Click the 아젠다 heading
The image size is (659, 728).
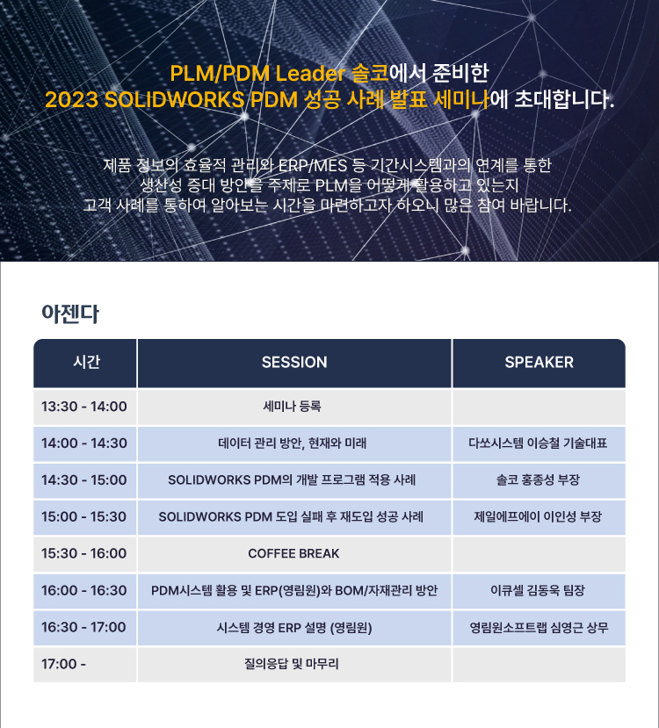(x=70, y=314)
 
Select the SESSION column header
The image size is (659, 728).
(x=294, y=362)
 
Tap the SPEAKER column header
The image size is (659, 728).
(x=540, y=362)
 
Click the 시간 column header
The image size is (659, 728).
(x=86, y=362)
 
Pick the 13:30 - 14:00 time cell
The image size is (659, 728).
(x=84, y=407)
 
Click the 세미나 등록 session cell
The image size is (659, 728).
(x=292, y=407)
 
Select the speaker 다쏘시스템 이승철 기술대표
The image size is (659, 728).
(x=538, y=443)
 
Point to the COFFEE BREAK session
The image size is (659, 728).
(x=293, y=553)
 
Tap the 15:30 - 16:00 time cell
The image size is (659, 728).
(x=84, y=553)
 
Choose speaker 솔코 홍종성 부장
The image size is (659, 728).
(x=538, y=479)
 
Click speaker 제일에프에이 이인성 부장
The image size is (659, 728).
(x=538, y=516)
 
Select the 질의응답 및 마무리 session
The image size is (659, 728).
(x=292, y=664)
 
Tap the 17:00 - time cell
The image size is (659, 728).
(x=63, y=664)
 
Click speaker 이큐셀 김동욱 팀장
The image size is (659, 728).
(x=538, y=591)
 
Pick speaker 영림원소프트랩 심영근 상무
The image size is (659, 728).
(x=539, y=628)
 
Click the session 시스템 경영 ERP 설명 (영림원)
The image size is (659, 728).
(x=294, y=628)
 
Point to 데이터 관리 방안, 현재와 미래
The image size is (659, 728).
(x=292, y=443)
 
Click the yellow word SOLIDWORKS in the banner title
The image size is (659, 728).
(x=174, y=100)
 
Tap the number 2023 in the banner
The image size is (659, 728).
(x=71, y=100)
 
